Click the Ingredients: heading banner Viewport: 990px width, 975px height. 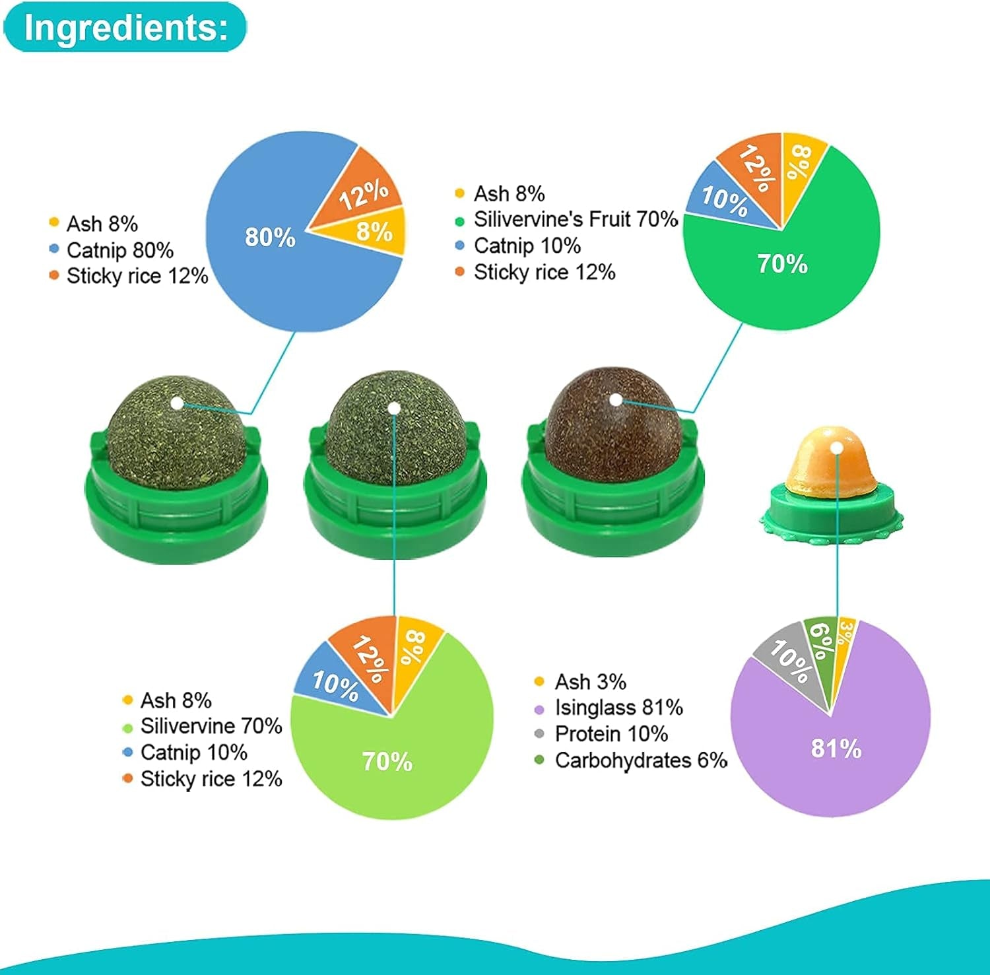125,27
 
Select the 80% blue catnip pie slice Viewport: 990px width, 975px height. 277,251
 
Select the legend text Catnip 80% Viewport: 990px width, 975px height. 119,250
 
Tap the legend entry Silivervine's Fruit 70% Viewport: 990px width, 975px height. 576,219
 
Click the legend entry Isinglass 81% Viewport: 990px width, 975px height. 618,708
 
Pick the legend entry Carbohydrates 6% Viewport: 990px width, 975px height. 641,760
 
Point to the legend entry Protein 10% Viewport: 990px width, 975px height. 611,734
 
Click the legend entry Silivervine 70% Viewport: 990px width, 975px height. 211,726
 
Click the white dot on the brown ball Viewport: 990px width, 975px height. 616,400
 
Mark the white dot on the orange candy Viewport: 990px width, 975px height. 837,448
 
